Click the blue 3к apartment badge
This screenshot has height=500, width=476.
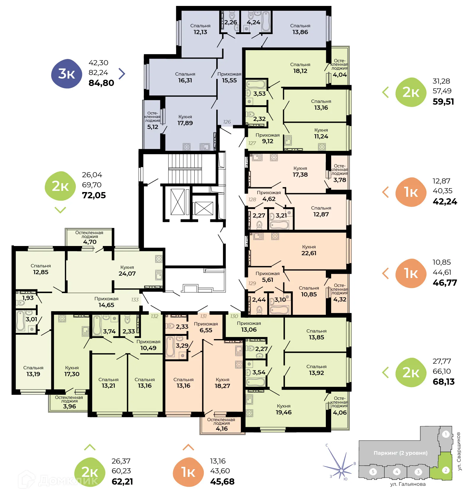(x=67, y=74)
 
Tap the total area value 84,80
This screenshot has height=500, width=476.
(x=101, y=83)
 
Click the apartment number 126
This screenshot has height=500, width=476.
(x=227, y=122)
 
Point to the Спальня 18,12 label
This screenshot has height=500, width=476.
(x=300, y=68)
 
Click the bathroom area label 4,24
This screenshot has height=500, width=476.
(x=253, y=23)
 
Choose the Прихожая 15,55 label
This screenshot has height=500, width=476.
(x=229, y=77)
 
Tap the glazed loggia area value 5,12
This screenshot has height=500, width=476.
(x=153, y=127)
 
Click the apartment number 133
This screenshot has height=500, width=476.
(x=135, y=300)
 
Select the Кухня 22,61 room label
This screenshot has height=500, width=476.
(x=309, y=250)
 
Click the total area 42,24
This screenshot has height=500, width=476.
(x=445, y=202)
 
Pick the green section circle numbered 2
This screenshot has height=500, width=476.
(x=445, y=470)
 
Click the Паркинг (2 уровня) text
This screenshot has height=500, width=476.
(x=400, y=453)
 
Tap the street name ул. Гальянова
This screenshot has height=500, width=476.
(x=408, y=484)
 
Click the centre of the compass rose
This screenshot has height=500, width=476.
(x=341, y=470)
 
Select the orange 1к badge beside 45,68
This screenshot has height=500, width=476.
(x=188, y=472)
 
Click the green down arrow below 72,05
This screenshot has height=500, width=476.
(x=60, y=210)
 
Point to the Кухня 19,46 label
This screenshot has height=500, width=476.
(x=283, y=409)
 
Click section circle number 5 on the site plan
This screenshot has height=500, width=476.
(x=373, y=472)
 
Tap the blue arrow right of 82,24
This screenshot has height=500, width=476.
(x=122, y=74)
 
